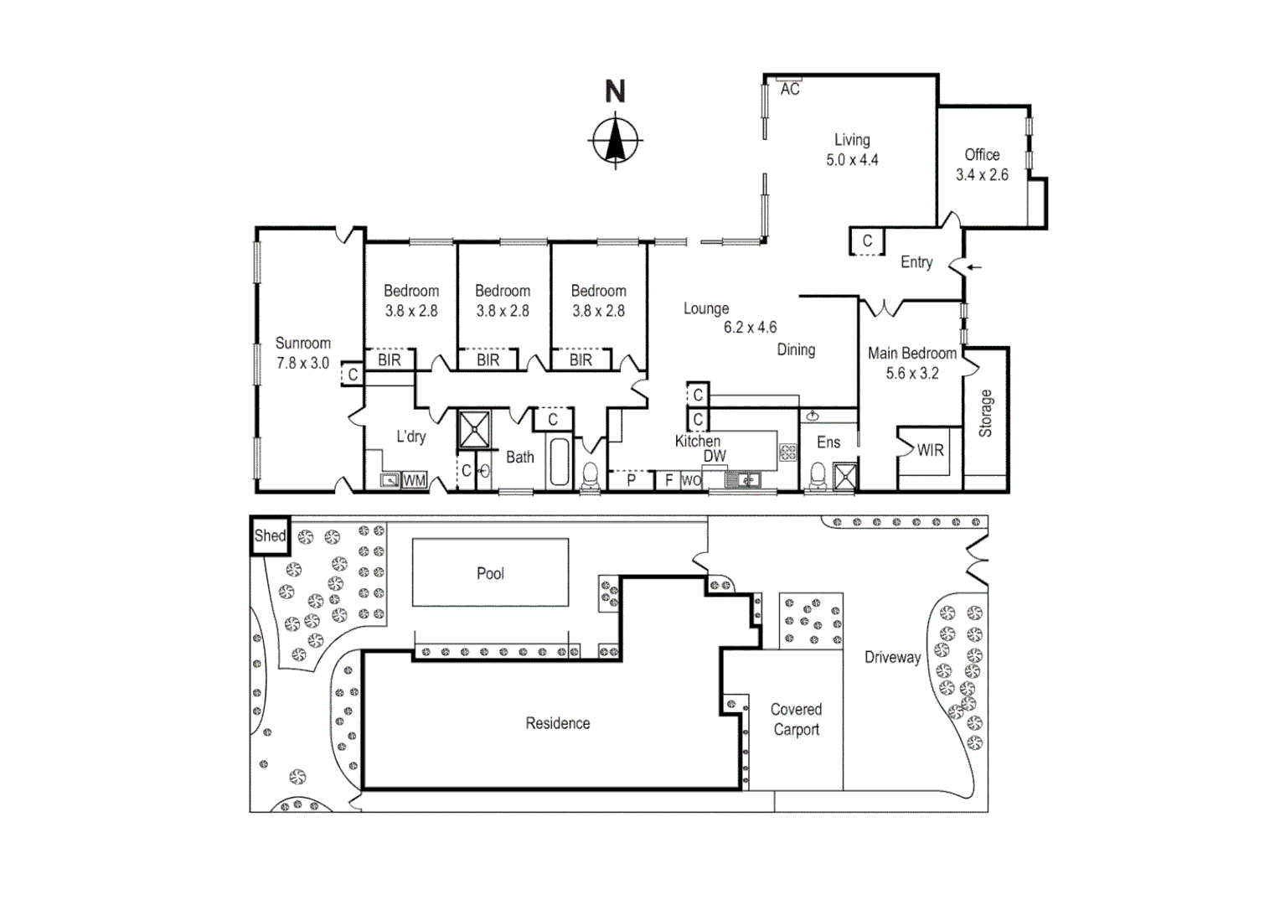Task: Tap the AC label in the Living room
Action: pos(790,89)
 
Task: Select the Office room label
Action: pos(982,155)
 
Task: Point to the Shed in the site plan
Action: pos(271,535)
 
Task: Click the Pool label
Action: pos(490,573)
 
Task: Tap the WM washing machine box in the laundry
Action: pos(415,480)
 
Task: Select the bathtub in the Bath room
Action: pos(559,462)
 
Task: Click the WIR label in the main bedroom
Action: pos(931,451)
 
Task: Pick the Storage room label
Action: pos(985,413)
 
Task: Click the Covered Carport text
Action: pos(796,719)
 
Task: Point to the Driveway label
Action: pos(893,658)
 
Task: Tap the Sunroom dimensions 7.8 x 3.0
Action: pos(303,363)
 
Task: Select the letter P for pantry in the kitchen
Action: pos(632,480)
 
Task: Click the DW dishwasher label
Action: pos(715,456)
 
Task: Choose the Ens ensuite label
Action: pos(828,442)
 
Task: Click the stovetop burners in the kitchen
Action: pos(788,452)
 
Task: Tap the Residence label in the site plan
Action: pos(558,723)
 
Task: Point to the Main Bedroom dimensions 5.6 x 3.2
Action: pos(912,374)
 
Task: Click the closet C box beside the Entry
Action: pos(867,241)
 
